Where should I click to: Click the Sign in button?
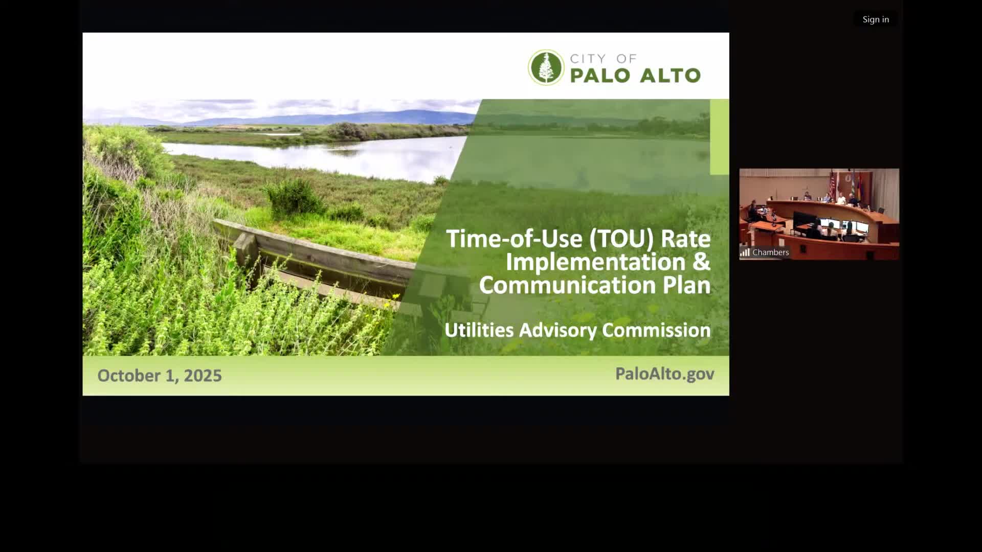(876, 19)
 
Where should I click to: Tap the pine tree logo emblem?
(546, 67)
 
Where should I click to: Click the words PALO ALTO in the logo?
(635, 76)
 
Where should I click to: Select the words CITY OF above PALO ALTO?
(604, 59)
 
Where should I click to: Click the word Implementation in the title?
(595, 262)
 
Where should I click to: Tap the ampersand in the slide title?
(702, 262)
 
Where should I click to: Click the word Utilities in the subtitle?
(479, 330)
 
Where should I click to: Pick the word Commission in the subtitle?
(656, 330)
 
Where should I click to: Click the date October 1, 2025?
(160, 376)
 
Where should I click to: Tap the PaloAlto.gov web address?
(664, 374)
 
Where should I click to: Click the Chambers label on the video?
(770, 252)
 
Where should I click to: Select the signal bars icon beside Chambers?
(745, 252)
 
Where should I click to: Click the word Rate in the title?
(686, 239)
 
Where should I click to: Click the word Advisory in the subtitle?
(558, 330)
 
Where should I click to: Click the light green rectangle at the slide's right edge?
(719, 137)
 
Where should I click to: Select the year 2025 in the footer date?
(203, 376)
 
